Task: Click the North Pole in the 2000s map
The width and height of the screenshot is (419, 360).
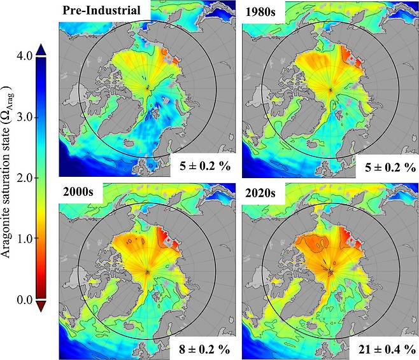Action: tap(148, 272)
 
